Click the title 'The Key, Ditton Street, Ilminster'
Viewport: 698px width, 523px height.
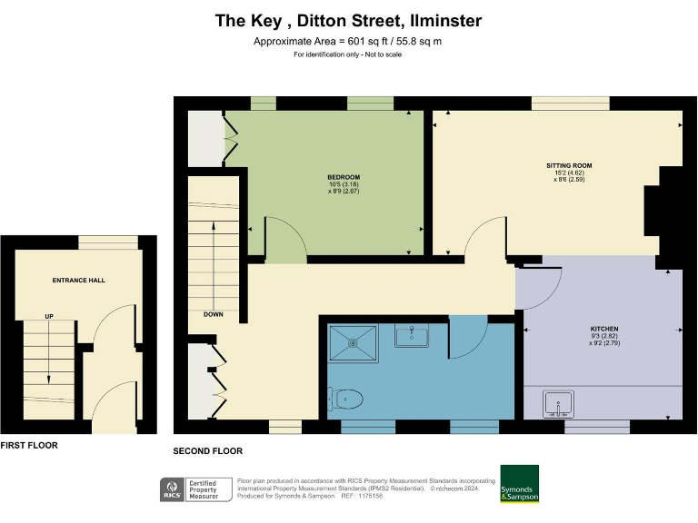[x=348, y=20]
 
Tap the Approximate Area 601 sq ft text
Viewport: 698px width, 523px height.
[x=348, y=42]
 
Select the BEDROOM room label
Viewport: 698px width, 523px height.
[x=344, y=177]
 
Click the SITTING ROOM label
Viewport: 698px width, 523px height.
[x=569, y=166]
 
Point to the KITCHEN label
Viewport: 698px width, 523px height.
[x=603, y=328]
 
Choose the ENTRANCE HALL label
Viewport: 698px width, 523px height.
[x=78, y=281]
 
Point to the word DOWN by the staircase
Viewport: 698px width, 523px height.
[x=214, y=315]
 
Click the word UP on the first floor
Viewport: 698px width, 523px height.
[x=49, y=317]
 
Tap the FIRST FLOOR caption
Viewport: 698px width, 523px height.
[x=30, y=446]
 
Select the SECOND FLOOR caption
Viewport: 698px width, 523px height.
[x=207, y=451]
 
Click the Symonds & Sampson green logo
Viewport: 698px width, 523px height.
[x=519, y=484]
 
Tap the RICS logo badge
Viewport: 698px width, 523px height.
[x=170, y=489]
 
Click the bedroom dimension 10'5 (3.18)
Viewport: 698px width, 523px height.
[x=344, y=185]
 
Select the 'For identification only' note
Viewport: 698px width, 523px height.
[x=348, y=55]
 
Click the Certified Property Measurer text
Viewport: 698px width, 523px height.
[x=207, y=489]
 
